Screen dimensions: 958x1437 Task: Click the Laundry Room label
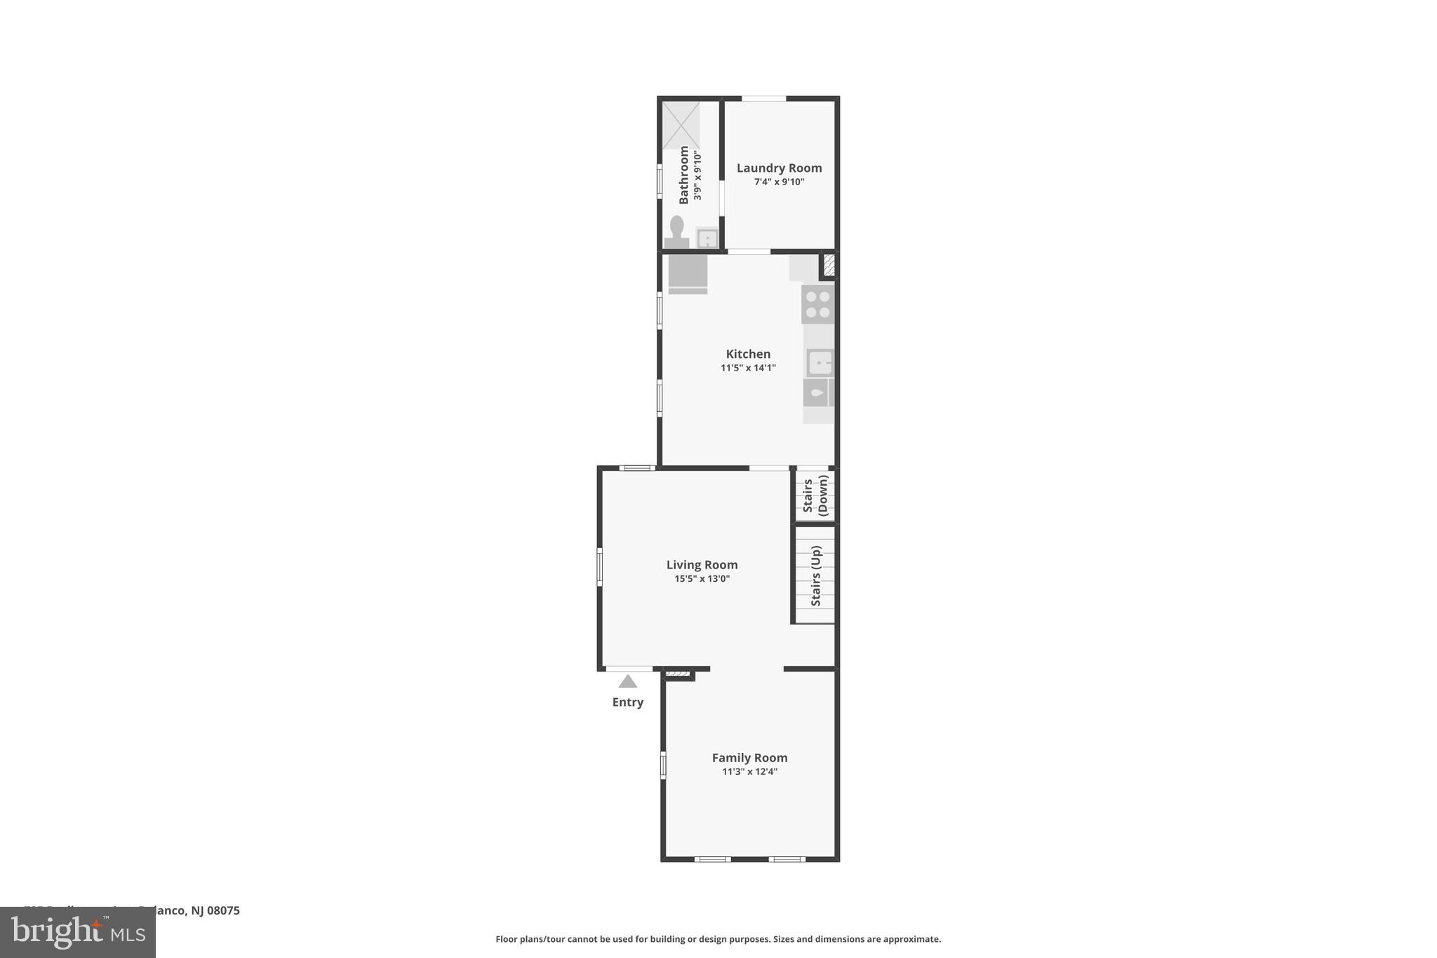pyautogui.click(x=779, y=168)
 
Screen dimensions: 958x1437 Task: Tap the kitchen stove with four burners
pyautogui.click(x=817, y=304)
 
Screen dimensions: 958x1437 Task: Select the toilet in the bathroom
pyautogui.click(x=676, y=232)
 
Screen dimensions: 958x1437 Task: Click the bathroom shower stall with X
pyautogui.click(x=681, y=126)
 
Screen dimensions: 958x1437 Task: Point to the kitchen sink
pyautogui.click(x=819, y=363)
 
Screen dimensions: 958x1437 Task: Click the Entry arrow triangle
pyautogui.click(x=627, y=681)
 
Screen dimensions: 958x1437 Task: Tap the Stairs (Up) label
pyautogui.click(x=815, y=576)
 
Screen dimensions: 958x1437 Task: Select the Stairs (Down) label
pyautogui.click(x=815, y=495)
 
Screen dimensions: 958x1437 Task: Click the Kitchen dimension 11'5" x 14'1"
pyautogui.click(x=748, y=368)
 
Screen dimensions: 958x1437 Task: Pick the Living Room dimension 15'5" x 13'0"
pyautogui.click(x=702, y=579)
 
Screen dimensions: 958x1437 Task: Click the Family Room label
pyautogui.click(x=749, y=757)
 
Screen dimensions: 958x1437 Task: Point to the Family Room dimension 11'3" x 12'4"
pyautogui.click(x=749, y=772)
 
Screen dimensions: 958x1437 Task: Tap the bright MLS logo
pyautogui.click(x=77, y=933)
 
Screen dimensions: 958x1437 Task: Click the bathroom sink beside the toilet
pyautogui.click(x=707, y=238)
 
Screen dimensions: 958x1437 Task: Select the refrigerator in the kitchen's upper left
pyautogui.click(x=688, y=273)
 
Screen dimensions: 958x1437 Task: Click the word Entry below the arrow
pyautogui.click(x=627, y=702)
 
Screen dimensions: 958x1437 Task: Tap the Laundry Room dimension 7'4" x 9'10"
pyautogui.click(x=779, y=182)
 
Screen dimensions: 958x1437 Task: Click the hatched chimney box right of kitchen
pyautogui.click(x=829, y=265)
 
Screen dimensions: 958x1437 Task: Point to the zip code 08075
pyautogui.click(x=223, y=910)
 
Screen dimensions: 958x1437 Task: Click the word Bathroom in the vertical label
pyautogui.click(x=683, y=175)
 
